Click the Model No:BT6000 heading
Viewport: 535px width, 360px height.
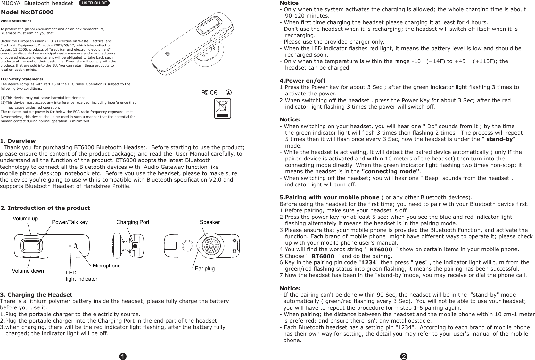(x=28, y=12)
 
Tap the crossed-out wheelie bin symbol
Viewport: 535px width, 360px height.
(x=223, y=108)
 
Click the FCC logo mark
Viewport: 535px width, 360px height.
(x=204, y=93)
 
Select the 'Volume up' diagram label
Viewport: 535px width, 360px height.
(x=25, y=219)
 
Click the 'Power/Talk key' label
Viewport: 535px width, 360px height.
(x=70, y=222)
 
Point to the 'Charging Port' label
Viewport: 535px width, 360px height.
(x=133, y=222)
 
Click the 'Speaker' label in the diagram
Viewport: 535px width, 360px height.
(x=210, y=222)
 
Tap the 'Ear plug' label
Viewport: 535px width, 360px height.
(x=205, y=268)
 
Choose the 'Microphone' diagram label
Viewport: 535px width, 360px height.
(x=106, y=266)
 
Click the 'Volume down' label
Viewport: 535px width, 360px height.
(x=28, y=271)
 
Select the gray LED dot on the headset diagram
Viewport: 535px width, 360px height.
(x=70, y=246)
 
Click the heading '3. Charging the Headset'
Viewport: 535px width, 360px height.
(x=36, y=295)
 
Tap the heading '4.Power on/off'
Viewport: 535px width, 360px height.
(x=302, y=80)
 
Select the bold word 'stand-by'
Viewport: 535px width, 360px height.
(x=499, y=139)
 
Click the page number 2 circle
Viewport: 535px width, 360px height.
(x=404, y=356)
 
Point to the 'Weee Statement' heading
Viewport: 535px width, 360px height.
(x=16, y=21)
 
